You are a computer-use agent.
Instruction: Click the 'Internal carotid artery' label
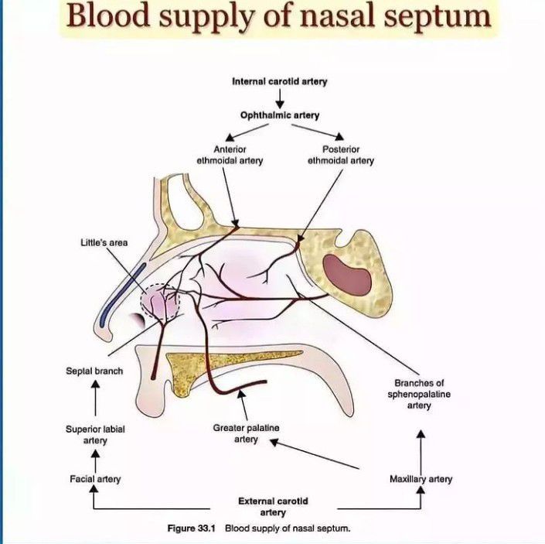pyautogui.click(x=280, y=80)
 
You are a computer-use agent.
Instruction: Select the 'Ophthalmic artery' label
pyautogui.click(x=280, y=115)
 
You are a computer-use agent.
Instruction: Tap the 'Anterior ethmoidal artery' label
pyautogui.click(x=230, y=155)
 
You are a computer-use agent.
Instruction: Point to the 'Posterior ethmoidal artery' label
pyautogui.click(x=340, y=155)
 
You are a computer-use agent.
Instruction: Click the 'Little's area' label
pyautogui.click(x=104, y=242)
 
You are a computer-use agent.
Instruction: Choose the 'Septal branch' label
pyautogui.click(x=94, y=371)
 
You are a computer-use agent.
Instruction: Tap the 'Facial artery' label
pyautogui.click(x=95, y=479)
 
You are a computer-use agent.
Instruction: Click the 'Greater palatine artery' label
pyautogui.click(x=246, y=433)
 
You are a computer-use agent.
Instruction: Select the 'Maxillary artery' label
pyautogui.click(x=421, y=479)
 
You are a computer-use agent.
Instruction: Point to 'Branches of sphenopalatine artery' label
pyautogui.click(x=419, y=395)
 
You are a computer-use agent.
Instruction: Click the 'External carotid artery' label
pyautogui.click(x=273, y=506)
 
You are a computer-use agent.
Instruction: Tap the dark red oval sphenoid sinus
pyautogui.click(x=346, y=273)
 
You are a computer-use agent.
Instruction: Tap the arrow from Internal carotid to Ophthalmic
pyautogui.click(x=280, y=98)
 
